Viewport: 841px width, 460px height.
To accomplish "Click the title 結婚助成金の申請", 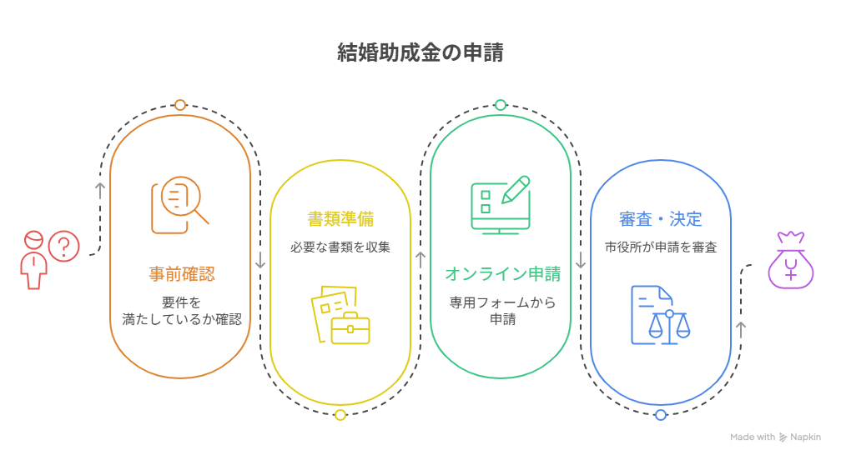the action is pyautogui.click(x=420, y=52).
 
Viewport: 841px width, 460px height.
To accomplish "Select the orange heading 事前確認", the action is pyautogui.click(x=182, y=273).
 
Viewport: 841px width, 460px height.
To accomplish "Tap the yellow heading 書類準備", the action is pyautogui.click(x=340, y=218).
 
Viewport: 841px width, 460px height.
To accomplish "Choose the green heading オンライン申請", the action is pyautogui.click(x=502, y=273).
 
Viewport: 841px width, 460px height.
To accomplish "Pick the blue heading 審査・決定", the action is pyautogui.click(x=660, y=218).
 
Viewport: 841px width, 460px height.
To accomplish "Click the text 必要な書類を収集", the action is pyautogui.click(x=340, y=247).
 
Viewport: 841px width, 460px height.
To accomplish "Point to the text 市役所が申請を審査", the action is pyautogui.click(x=661, y=247).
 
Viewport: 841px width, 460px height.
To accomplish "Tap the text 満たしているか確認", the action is pyautogui.click(x=182, y=319).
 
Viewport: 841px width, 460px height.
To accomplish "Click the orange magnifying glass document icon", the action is pyautogui.click(x=179, y=205).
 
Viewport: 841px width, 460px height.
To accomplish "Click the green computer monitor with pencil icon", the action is pyautogui.click(x=501, y=205).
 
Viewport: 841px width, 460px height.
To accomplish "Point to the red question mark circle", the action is pyautogui.click(x=63, y=247).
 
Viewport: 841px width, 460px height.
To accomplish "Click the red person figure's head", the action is pyautogui.click(x=33, y=240).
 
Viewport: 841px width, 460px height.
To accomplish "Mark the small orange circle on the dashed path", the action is pyautogui.click(x=180, y=105).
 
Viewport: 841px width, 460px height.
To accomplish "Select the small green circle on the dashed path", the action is pyautogui.click(x=501, y=105).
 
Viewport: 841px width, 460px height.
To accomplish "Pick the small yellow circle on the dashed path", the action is pyautogui.click(x=340, y=414).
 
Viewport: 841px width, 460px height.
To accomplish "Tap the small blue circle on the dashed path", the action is pyautogui.click(x=661, y=414).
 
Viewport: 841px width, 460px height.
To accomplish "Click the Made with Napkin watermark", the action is pyautogui.click(x=775, y=437).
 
